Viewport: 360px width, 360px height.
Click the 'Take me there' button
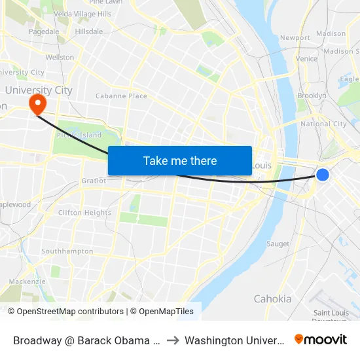[180, 160]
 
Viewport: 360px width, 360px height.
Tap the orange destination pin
[37, 103]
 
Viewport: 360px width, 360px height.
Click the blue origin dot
[323, 174]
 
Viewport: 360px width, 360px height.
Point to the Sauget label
[278, 244]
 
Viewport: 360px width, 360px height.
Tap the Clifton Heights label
[84, 213]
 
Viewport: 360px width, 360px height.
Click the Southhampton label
[67, 251]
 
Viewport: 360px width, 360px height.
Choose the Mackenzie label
[27, 281]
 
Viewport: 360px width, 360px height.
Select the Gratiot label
[93, 181]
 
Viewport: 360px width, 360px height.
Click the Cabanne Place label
[121, 96]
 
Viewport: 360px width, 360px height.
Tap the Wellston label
[60, 58]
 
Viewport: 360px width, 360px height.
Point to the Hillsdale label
[89, 31]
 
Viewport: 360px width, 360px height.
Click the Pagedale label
[44, 31]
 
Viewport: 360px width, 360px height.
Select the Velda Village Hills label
[82, 14]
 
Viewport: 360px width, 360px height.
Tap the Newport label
[295, 38]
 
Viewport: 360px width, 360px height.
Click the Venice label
[306, 58]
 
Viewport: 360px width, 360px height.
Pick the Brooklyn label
[312, 96]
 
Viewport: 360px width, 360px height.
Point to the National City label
[323, 124]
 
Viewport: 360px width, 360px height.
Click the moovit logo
[321, 339]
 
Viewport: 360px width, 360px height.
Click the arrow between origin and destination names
[172, 340]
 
